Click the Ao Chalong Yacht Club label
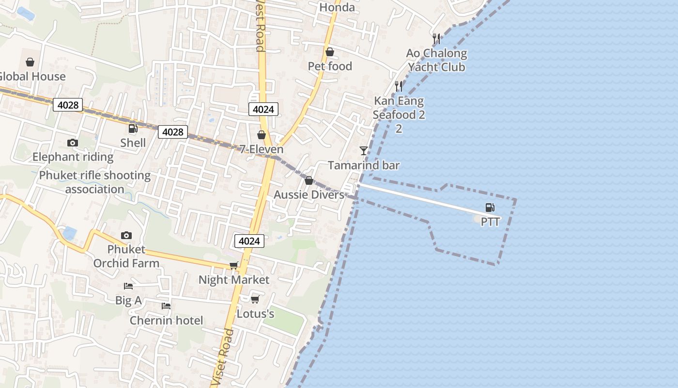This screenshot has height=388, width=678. (x=436, y=60)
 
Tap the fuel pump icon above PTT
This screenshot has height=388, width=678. (x=490, y=208)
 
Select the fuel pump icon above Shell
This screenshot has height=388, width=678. (x=133, y=129)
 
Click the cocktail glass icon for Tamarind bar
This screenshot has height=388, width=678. (x=364, y=151)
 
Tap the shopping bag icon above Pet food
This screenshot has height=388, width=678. (x=330, y=52)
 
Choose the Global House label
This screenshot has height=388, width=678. (x=31, y=77)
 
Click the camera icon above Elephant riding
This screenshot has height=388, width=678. (x=73, y=143)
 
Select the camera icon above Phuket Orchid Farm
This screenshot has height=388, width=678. (x=126, y=236)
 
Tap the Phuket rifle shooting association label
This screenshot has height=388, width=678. (x=95, y=182)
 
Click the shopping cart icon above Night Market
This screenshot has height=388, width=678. (x=234, y=265)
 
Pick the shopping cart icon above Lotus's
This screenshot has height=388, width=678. (x=255, y=299)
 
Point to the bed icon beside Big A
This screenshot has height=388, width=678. (x=128, y=286)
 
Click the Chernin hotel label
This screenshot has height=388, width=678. (x=166, y=321)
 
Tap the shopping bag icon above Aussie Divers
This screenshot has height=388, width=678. (x=309, y=181)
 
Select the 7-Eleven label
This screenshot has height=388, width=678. (x=262, y=149)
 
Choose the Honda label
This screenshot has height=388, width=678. (x=337, y=7)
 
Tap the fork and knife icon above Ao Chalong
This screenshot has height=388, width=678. (x=436, y=38)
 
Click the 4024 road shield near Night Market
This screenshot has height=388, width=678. (x=249, y=241)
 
